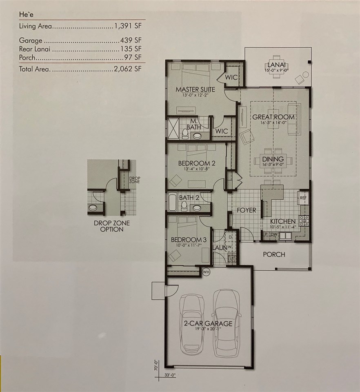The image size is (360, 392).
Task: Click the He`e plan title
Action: tap(26, 14)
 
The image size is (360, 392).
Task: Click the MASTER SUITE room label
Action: tap(195, 89)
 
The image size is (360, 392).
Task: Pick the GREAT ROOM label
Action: tap(273, 117)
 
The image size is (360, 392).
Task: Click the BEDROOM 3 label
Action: tap(186, 239)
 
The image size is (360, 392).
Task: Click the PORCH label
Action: tap(274, 254)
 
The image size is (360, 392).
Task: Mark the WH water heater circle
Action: tap(206, 272)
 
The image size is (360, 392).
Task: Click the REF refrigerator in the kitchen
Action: tap(303, 197)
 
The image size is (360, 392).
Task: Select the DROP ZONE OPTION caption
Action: tap(108, 226)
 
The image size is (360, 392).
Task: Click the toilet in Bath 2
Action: tap(184, 205)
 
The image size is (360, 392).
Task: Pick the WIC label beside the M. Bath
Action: tap(222, 131)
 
